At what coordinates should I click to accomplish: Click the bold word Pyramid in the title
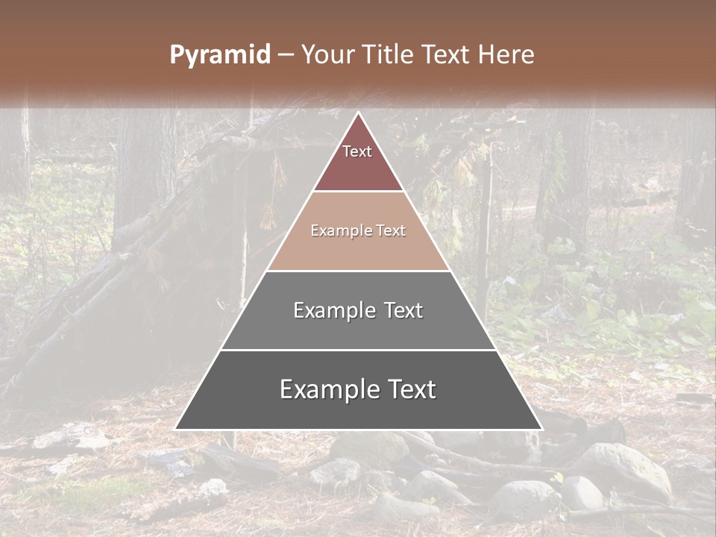pos(219,54)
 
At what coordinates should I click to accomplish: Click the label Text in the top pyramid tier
pos(357,151)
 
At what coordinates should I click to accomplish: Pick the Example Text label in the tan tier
pos(358,230)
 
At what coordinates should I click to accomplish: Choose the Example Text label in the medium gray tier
pos(358,310)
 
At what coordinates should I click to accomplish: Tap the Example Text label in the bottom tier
pos(358,389)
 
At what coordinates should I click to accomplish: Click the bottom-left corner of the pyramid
pos(176,429)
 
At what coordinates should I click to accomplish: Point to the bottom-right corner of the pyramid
pos(541,429)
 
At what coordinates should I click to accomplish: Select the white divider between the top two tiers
pos(358,192)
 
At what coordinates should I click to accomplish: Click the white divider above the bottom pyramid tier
pos(358,350)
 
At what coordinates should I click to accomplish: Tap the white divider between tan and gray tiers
pos(358,271)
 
